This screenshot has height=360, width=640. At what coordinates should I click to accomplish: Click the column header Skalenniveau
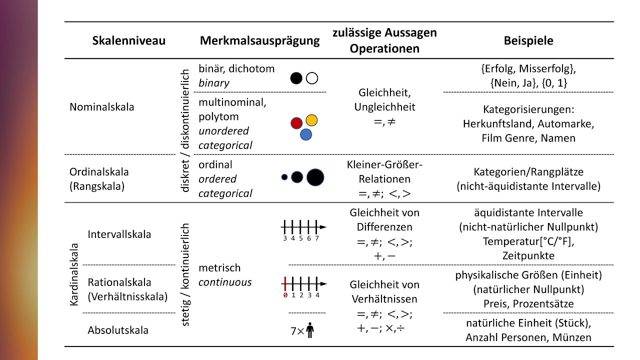[129, 40]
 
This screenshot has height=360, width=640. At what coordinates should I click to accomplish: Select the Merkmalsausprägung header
[259, 41]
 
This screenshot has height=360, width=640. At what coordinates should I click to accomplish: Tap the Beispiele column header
[528, 40]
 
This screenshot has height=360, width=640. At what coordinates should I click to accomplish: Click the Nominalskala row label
[101, 107]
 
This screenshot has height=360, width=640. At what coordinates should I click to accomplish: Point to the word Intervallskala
[119, 234]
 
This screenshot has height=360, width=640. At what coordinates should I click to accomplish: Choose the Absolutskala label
[118, 330]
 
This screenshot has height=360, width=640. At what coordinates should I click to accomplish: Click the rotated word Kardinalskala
[74, 274]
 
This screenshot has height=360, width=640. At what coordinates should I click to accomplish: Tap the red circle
[296, 123]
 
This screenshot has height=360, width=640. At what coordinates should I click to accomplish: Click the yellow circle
[311, 120]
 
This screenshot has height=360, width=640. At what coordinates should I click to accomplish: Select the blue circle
[306, 134]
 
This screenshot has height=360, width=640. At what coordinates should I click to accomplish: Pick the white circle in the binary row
[312, 78]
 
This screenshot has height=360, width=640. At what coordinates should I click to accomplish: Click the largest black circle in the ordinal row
[315, 177]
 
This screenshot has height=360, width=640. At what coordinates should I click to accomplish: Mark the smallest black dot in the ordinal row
[284, 177]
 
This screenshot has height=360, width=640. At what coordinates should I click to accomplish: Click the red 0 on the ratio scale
[285, 295]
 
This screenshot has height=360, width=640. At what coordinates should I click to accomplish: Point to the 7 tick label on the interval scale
[317, 238]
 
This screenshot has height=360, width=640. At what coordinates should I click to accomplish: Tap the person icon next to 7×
[310, 330]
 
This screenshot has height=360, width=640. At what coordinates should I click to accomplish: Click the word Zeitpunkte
[528, 255]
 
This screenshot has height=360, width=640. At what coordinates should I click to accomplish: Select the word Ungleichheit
[384, 107]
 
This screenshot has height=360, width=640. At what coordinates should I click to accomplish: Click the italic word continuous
[225, 282]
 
